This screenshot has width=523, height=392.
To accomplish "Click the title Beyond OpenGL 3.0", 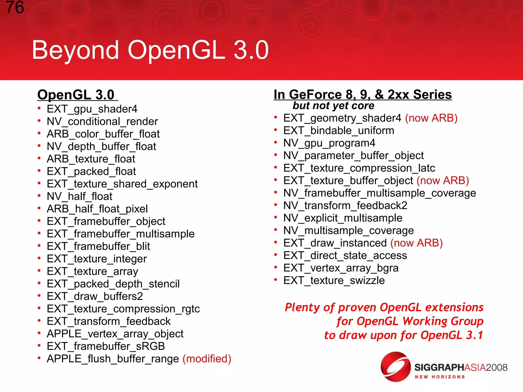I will pos(150,50).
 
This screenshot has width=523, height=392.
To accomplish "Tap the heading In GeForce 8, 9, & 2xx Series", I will pos(363,95).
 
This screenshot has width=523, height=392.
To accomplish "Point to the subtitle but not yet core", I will pos(333,106).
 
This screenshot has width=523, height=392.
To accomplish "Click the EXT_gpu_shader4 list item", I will pos(92,109).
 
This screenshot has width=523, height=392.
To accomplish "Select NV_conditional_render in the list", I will pos(102,122).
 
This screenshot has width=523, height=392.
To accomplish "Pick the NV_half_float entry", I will pos(79,197).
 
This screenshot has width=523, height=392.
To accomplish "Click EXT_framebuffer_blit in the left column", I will pos(98,247).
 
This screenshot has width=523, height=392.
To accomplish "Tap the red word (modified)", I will pos(207,359).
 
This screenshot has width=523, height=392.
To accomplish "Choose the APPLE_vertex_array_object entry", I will pos(115,334).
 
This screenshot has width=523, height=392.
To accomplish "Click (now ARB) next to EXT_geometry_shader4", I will pos(431,118).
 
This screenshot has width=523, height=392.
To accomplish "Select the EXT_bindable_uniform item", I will pos(339,131).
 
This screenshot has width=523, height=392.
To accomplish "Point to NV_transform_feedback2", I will pos(345,206).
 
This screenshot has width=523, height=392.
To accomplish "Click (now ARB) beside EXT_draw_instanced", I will pos(417,243).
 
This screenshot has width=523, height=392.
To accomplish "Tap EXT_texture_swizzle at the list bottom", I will pos(334,281).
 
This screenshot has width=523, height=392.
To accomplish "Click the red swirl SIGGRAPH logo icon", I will pos(395,366).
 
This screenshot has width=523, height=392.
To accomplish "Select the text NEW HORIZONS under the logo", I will pos(439,377).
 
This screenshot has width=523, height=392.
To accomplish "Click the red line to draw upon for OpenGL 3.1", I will pos(403,335).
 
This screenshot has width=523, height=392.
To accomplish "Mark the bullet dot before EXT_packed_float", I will pos(39,171).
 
